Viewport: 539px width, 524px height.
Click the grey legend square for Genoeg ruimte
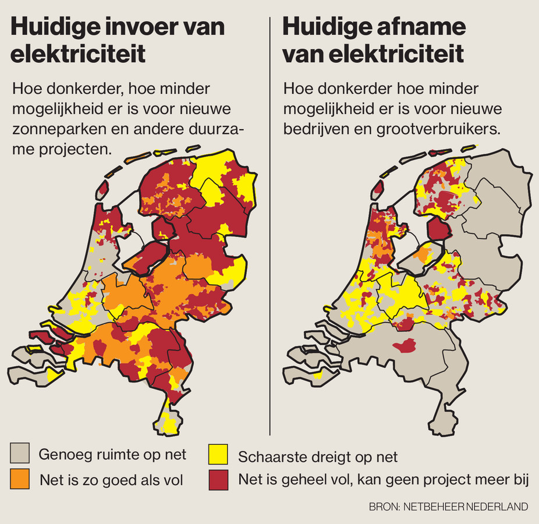[x=20, y=454]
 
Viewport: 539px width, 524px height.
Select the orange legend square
[x=20, y=480]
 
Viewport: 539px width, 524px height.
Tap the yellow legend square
[x=218, y=454]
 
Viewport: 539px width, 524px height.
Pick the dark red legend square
[x=218, y=480]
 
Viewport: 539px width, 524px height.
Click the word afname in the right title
[x=420, y=27]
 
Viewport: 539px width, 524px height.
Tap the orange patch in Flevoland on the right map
[x=423, y=252]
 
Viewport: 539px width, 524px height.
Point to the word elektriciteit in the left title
[x=78, y=54]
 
